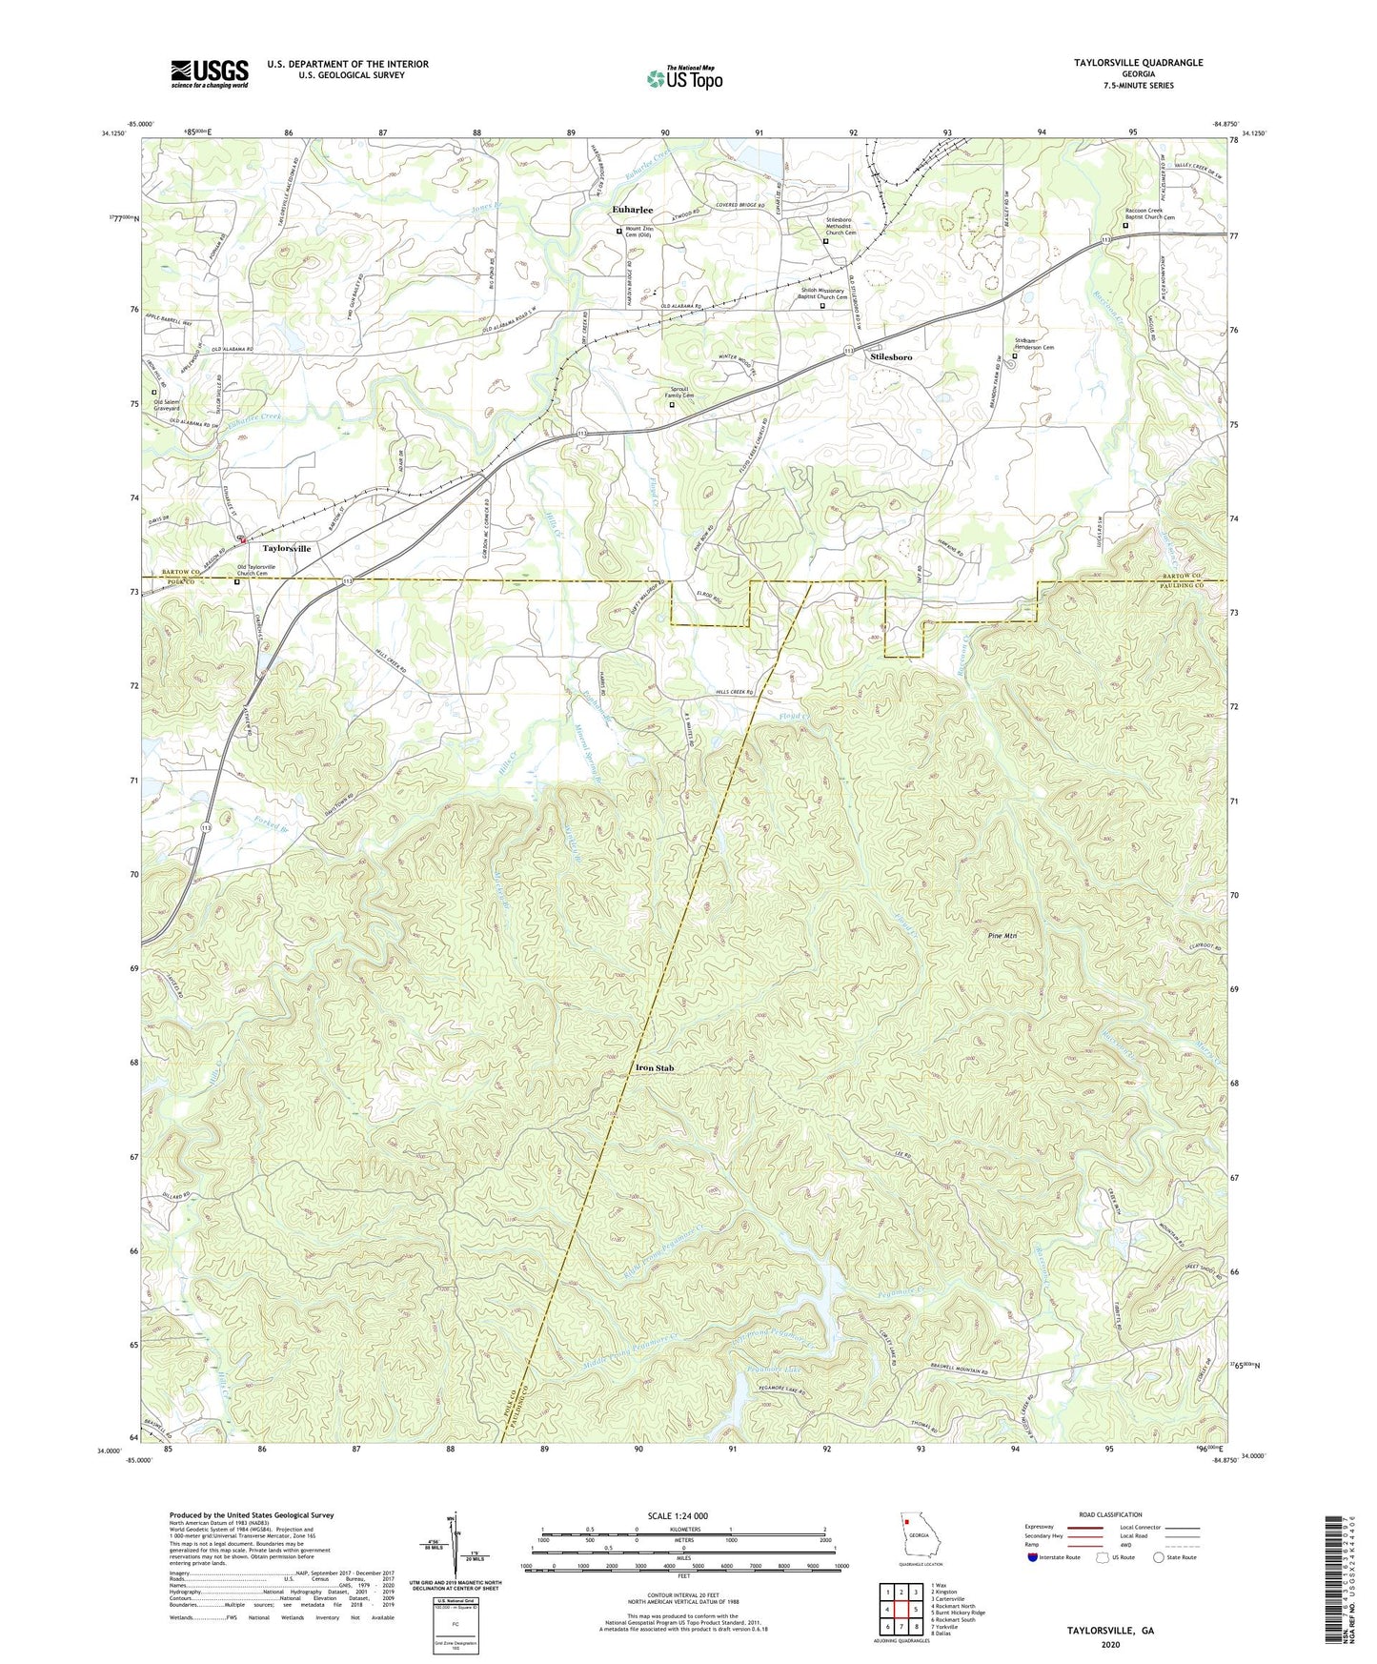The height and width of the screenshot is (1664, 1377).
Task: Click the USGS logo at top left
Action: point(209,73)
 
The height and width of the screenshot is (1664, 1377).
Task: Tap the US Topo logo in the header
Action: point(683,78)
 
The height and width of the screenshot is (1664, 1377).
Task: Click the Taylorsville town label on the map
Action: point(286,549)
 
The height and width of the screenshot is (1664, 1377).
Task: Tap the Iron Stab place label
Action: point(654,1068)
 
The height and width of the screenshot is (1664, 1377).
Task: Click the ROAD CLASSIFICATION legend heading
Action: point(1111,1514)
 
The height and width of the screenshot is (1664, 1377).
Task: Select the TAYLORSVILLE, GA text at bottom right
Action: point(1109,1631)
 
